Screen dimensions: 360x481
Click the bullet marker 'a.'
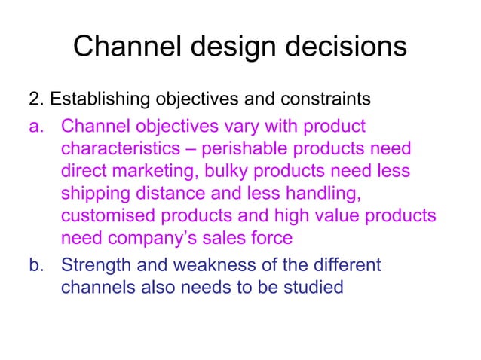coord(38,125)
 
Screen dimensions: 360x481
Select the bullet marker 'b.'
coord(38,265)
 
